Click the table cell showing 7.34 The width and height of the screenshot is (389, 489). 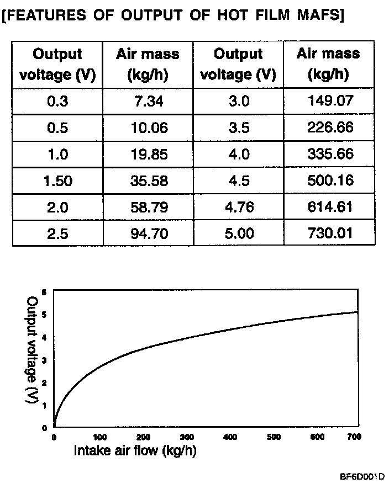click(x=148, y=102)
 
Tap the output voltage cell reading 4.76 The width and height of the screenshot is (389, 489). click(x=238, y=207)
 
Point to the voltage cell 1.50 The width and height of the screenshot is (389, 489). click(x=58, y=181)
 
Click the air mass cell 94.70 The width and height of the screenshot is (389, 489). click(x=148, y=233)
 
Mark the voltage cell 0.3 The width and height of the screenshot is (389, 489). click(x=58, y=102)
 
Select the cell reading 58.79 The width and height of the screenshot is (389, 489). click(x=148, y=207)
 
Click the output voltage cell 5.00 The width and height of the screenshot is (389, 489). click(x=238, y=233)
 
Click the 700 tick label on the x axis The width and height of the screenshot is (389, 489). click(x=354, y=438)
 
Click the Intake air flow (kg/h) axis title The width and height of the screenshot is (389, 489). click(x=135, y=451)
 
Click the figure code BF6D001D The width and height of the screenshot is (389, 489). click(x=362, y=476)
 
